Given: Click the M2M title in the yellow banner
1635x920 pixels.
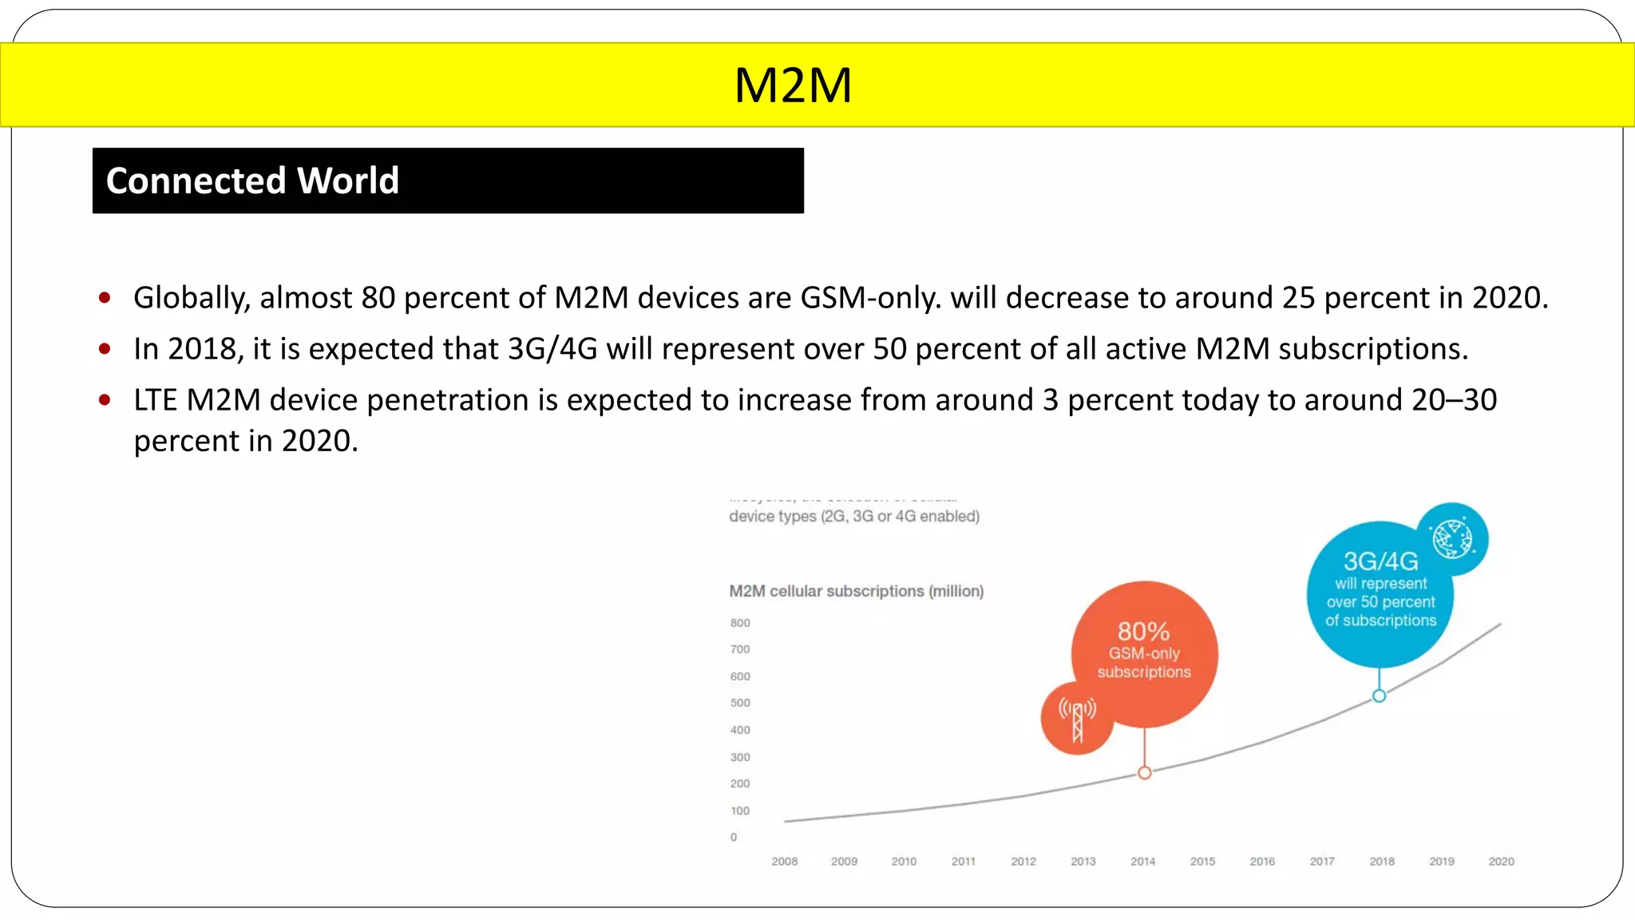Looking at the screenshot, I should pyautogui.click(x=793, y=85).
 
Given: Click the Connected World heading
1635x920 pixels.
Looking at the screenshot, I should pyautogui.click(x=252, y=180).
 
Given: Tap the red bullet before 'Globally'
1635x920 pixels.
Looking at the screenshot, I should pyautogui.click(x=105, y=299).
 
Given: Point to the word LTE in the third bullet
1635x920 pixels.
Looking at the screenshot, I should pyautogui.click(x=155, y=400).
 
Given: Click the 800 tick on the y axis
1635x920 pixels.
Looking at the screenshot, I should pyautogui.click(x=740, y=623).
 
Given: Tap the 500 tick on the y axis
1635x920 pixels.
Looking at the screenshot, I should pyautogui.click(x=740, y=703).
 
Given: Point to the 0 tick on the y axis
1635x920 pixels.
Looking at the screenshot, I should pyautogui.click(x=734, y=837).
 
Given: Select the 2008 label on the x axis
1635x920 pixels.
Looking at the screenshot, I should pyautogui.click(x=784, y=861).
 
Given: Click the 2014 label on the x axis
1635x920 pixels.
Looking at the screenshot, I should pyautogui.click(x=1142, y=861).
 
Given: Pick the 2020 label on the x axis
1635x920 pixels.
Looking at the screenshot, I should pyautogui.click(x=1501, y=861).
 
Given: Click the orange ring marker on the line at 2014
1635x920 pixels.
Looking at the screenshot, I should pyautogui.click(x=1145, y=772).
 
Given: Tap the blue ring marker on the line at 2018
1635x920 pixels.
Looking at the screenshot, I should pyautogui.click(x=1379, y=696).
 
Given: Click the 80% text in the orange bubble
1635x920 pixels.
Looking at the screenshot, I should pyautogui.click(x=1143, y=632).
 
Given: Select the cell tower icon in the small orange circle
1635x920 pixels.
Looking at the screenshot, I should pyautogui.click(x=1077, y=720).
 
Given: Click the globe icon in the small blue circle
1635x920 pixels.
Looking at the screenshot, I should pyautogui.click(x=1452, y=538).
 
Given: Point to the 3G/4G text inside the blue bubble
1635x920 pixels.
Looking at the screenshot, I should pyautogui.click(x=1380, y=561).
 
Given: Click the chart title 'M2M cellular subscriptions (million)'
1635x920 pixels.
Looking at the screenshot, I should pyautogui.click(x=856, y=591).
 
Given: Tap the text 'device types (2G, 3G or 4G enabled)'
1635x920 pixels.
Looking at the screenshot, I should pyautogui.click(x=853, y=516).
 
